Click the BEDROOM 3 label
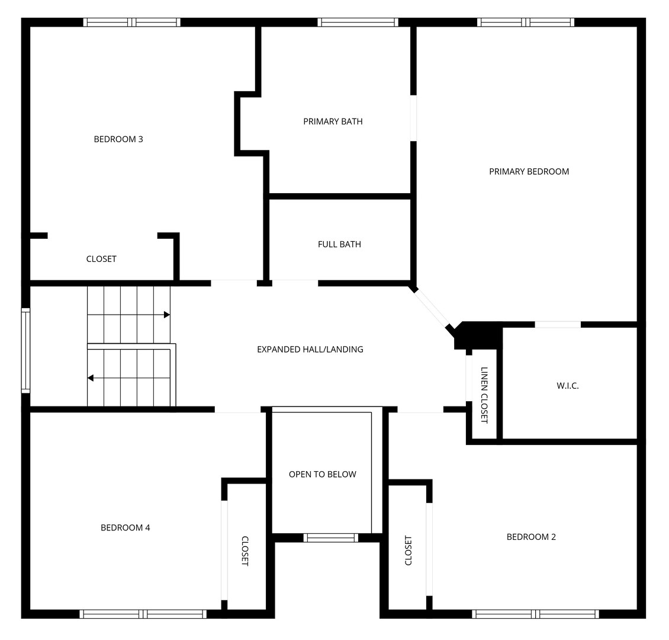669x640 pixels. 118,139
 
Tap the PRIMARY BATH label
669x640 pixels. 333,121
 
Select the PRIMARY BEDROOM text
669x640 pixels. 529,172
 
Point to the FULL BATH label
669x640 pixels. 339,244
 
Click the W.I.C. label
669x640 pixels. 567,386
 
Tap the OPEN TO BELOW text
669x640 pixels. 323,474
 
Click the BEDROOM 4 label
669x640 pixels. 125,527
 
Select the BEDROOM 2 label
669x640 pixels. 531,537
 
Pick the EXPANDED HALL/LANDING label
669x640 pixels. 310,350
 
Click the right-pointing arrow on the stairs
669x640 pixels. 167,314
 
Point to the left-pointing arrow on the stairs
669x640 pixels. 91,377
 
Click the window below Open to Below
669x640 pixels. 331,537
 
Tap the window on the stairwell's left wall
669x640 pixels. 25,350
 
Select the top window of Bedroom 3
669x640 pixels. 131,23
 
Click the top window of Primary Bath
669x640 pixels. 358,23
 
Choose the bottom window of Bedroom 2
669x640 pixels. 535,614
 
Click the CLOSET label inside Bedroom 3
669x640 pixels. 101,259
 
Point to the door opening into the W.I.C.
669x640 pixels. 558,324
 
